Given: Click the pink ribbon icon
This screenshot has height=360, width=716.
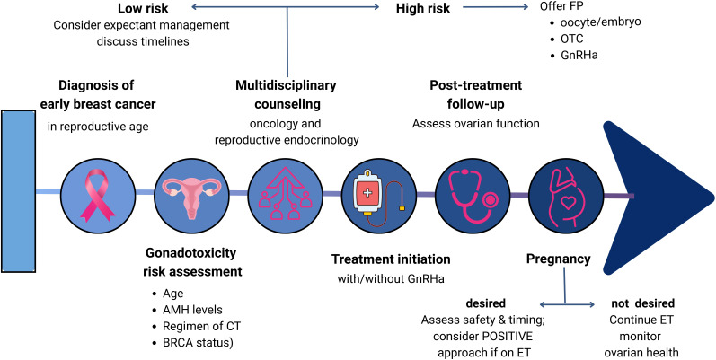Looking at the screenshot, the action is click(x=94, y=195).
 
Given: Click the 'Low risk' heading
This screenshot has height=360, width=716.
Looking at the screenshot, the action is click(x=142, y=8).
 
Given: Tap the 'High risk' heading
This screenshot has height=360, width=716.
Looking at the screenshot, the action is click(x=423, y=9).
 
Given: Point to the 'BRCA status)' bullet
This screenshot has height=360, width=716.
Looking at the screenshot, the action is click(x=194, y=342).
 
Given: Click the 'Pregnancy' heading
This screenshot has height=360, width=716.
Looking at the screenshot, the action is click(x=559, y=259).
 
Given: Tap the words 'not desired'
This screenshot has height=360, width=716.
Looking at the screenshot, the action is click(x=643, y=303).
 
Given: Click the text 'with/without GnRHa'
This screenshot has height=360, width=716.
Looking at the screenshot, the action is click(x=391, y=279).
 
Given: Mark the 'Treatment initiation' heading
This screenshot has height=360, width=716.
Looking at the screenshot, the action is click(x=391, y=259).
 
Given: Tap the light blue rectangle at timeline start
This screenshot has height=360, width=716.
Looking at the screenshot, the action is click(x=18, y=191).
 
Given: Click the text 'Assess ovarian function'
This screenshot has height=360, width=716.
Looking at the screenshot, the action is click(x=476, y=123).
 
